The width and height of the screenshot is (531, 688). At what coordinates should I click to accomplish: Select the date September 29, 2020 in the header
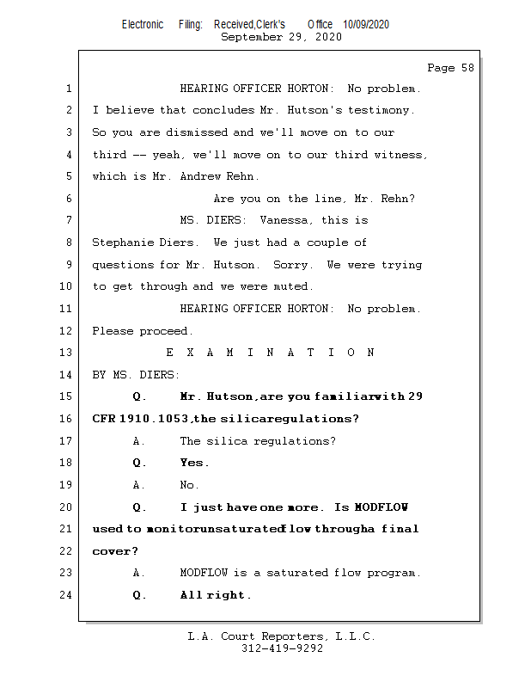tap(281, 37)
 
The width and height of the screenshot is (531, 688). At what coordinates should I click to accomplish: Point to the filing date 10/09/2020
tap(365, 24)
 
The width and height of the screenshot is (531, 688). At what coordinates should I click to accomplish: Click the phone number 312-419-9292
tap(281, 648)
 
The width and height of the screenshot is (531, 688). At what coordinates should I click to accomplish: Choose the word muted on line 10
tap(293, 286)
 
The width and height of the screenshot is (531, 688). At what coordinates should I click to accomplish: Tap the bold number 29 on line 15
tap(415, 396)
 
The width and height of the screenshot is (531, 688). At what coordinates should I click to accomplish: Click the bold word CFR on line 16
tap(104, 419)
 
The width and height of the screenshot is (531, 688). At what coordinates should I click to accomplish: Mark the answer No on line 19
tap(189, 485)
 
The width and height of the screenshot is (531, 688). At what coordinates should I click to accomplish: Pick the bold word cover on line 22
tap(110, 551)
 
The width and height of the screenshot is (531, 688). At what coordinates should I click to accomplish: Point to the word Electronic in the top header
tap(142, 24)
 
